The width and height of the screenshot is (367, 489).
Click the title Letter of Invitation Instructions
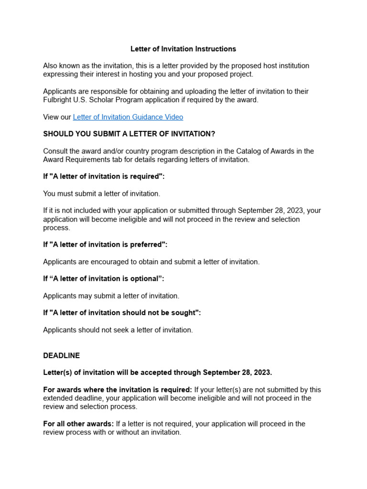point(183,49)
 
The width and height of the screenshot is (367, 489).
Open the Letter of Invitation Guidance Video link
point(128,117)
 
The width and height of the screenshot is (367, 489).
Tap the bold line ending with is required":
point(104,177)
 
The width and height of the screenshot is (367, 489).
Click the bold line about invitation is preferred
point(105,244)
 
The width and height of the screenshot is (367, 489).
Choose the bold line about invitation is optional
point(103,279)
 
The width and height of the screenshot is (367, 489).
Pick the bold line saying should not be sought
point(122,313)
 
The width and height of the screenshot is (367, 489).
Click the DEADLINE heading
point(61,356)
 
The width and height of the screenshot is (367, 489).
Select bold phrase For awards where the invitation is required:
point(118,390)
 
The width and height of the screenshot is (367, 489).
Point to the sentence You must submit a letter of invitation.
point(102,194)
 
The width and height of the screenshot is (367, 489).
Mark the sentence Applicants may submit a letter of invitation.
point(111,296)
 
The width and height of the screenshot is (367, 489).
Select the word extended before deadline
point(57,398)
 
